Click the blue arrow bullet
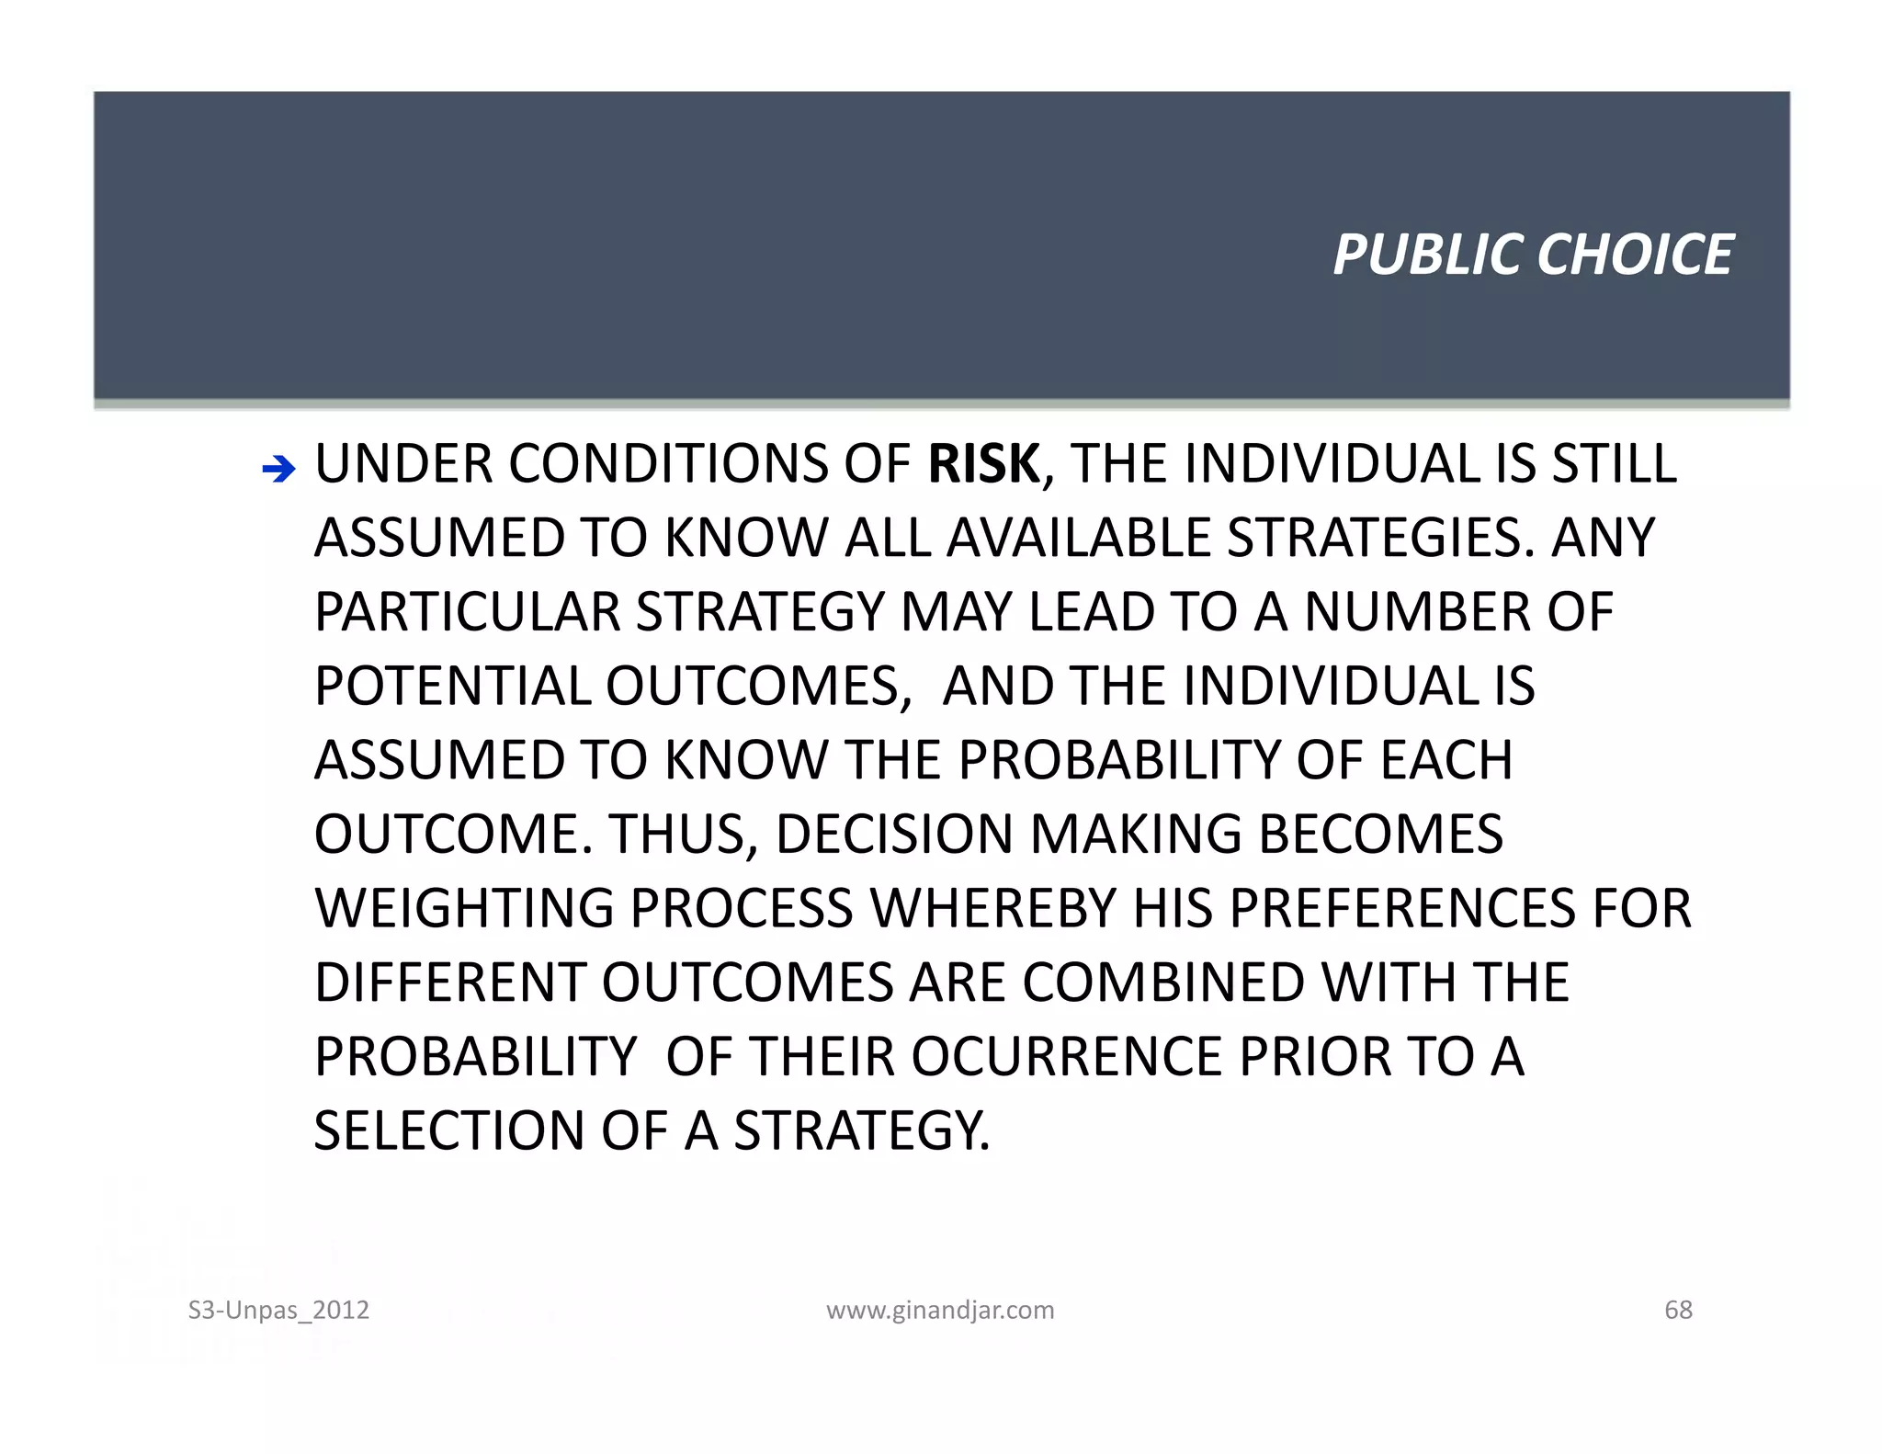[x=278, y=470]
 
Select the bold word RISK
[x=983, y=464]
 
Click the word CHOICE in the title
[x=1635, y=255]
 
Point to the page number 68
[x=1678, y=1310]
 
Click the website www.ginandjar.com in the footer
[x=940, y=1310]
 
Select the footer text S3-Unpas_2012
[x=278, y=1310]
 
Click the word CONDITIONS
[x=669, y=464]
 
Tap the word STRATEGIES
[x=1374, y=539]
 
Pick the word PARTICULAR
[x=468, y=613]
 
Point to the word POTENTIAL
[x=453, y=687]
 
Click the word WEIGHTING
[x=464, y=909]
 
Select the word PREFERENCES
[x=1402, y=909]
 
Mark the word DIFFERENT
[x=450, y=983]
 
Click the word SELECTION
[x=449, y=1131]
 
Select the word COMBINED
[x=1163, y=983]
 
